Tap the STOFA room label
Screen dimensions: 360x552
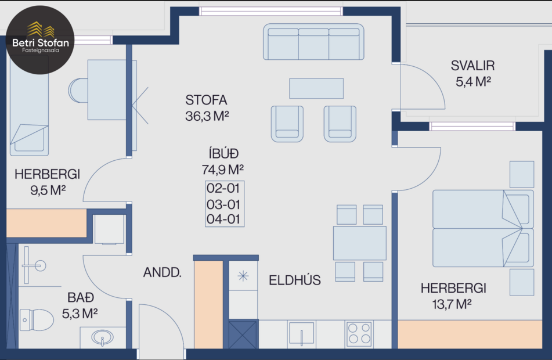click(x=206, y=100)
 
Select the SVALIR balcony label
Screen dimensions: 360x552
click(x=473, y=66)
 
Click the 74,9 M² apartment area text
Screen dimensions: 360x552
click(x=222, y=170)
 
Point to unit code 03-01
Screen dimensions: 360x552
click(x=223, y=204)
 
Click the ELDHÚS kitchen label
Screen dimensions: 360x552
click(x=295, y=280)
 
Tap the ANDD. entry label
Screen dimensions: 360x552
click(x=163, y=272)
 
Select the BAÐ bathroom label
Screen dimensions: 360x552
click(x=81, y=298)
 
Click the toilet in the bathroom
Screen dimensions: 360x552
click(x=36, y=319)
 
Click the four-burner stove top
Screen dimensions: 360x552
click(x=359, y=334)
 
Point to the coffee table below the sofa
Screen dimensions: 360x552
click(x=316, y=88)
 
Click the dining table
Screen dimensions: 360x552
click(x=359, y=243)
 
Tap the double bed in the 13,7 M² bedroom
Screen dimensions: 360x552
click(x=482, y=228)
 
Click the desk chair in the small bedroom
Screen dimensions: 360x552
click(x=78, y=91)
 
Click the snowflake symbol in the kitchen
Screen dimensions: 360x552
click(x=243, y=276)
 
